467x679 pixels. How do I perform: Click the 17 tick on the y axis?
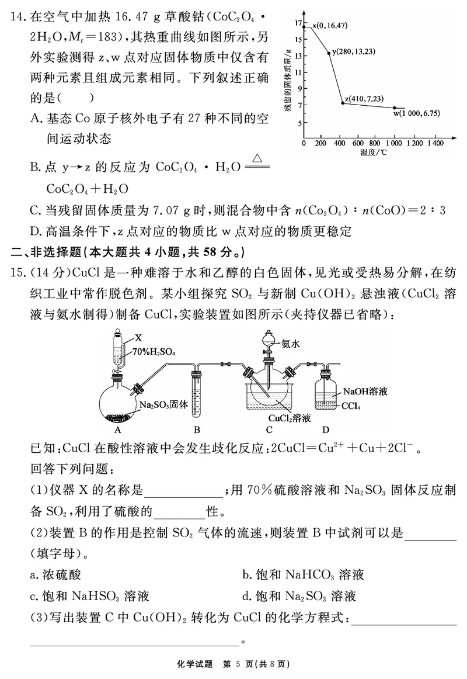click(297, 23)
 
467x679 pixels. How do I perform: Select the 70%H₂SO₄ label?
click(154, 352)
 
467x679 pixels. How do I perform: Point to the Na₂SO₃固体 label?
click(163, 404)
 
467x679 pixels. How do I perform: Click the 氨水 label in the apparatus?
click(290, 344)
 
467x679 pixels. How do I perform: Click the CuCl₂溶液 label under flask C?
click(289, 418)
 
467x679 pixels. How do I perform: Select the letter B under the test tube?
click(197, 431)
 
